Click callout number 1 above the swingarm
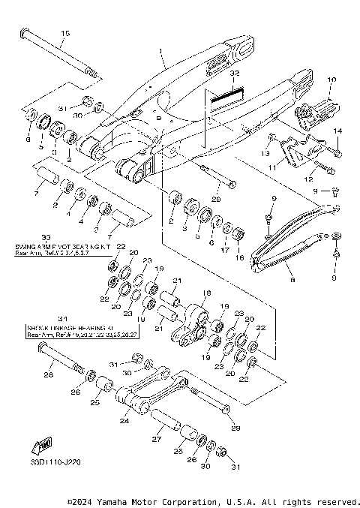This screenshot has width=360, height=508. coord(160,53)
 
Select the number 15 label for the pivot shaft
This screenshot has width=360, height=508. coord(64,34)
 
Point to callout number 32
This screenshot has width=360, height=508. coord(234,74)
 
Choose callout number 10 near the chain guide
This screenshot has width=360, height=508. coord(333,79)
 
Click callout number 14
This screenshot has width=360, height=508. coord(337,131)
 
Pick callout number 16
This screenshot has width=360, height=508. coord(241,257)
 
